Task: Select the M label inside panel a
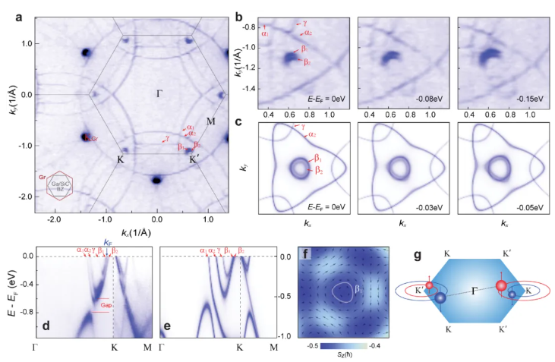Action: pyautogui.click(x=210, y=121)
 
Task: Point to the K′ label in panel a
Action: pyautogui.click(x=195, y=160)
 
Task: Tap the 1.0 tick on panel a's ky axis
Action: pyautogui.click(x=27, y=44)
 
